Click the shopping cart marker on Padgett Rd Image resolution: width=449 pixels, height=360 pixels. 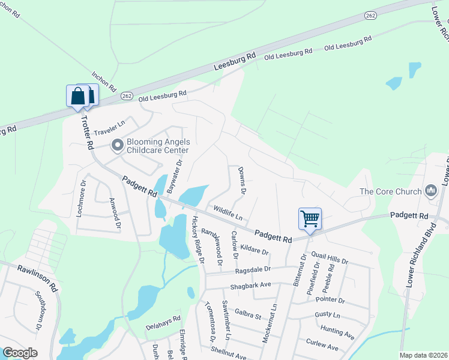(x=310, y=218)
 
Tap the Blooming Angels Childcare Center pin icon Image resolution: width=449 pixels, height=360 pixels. (x=118, y=145)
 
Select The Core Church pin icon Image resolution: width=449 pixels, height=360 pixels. (x=430, y=191)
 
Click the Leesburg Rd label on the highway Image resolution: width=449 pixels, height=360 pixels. (x=236, y=61)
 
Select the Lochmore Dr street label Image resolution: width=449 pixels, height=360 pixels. (x=83, y=192)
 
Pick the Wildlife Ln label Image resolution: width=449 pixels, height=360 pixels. (x=228, y=213)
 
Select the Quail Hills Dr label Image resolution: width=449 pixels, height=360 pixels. (x=330, y=259)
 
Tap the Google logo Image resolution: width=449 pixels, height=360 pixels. (x=20, y=353)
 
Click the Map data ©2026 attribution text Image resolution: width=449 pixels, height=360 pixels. (x=423, y=355)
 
